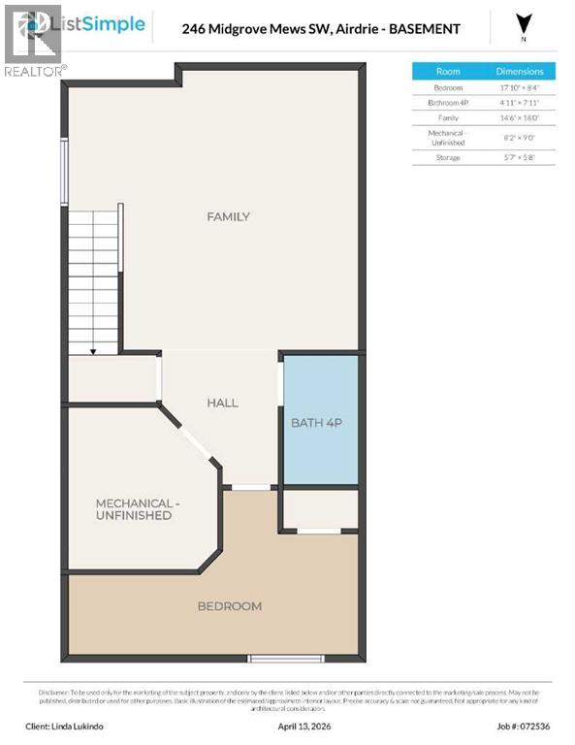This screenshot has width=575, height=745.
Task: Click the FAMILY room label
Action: click(x=228, y=216)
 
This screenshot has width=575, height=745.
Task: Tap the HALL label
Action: click(x=222, y=403)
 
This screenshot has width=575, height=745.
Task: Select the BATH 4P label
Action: click(x=319, y=422)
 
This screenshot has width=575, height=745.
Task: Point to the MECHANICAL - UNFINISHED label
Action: click(x=134, y=509)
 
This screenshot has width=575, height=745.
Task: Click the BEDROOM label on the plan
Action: click(x=230, y=606)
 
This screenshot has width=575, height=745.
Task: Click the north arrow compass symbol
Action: click(x=525, y=24)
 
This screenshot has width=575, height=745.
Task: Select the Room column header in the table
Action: click(x=448, y=71)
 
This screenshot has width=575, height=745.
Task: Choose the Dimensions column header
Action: click(x=520, y=71)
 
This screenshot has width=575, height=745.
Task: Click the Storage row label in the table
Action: click(x=448, y=156)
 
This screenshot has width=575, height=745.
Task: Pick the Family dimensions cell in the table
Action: click(x=520, y=117)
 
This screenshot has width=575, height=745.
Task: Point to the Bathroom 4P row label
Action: click(x=448, y=102)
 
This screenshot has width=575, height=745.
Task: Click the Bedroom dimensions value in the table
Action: click(x=520, y=86)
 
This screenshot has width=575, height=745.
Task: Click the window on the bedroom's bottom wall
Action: click(x=272, y=659)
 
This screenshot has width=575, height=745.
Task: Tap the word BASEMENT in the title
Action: click(x=419, y=29)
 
